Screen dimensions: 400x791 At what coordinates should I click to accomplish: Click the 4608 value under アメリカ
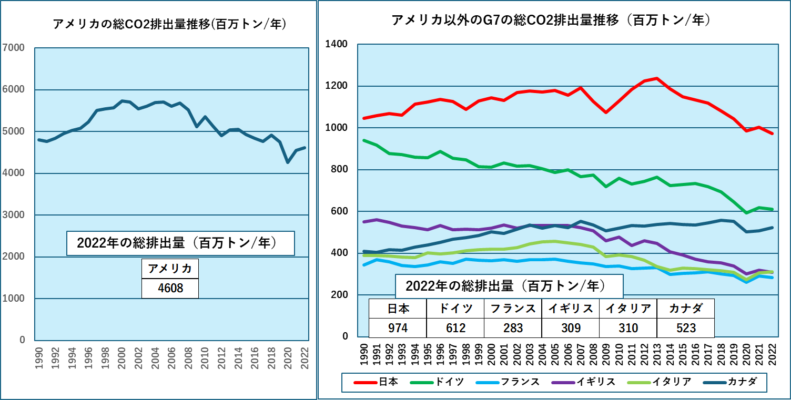pyautogui.click(x=170, y=288)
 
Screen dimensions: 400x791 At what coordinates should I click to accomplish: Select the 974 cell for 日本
pyautogui.click(x=398, y=328)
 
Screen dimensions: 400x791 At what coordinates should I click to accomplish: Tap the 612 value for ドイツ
pyautogui.click(x=455, y=328)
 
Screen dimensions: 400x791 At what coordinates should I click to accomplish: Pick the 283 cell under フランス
pyautogui.click(x=513, y=328)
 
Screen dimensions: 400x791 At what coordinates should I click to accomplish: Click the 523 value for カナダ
pyautogui.click(x=686, y=328)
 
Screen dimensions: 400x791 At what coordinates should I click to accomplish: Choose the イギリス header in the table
pyautogui.click(x=571, y=309)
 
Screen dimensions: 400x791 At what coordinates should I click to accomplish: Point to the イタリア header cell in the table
pyautogui.click(x=628, y=309)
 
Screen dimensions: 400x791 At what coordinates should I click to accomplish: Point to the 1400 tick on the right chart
pyautogui.click(x=337, y=44)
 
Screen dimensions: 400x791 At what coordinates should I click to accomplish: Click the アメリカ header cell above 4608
pyautogui.click(x=170, y=269)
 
